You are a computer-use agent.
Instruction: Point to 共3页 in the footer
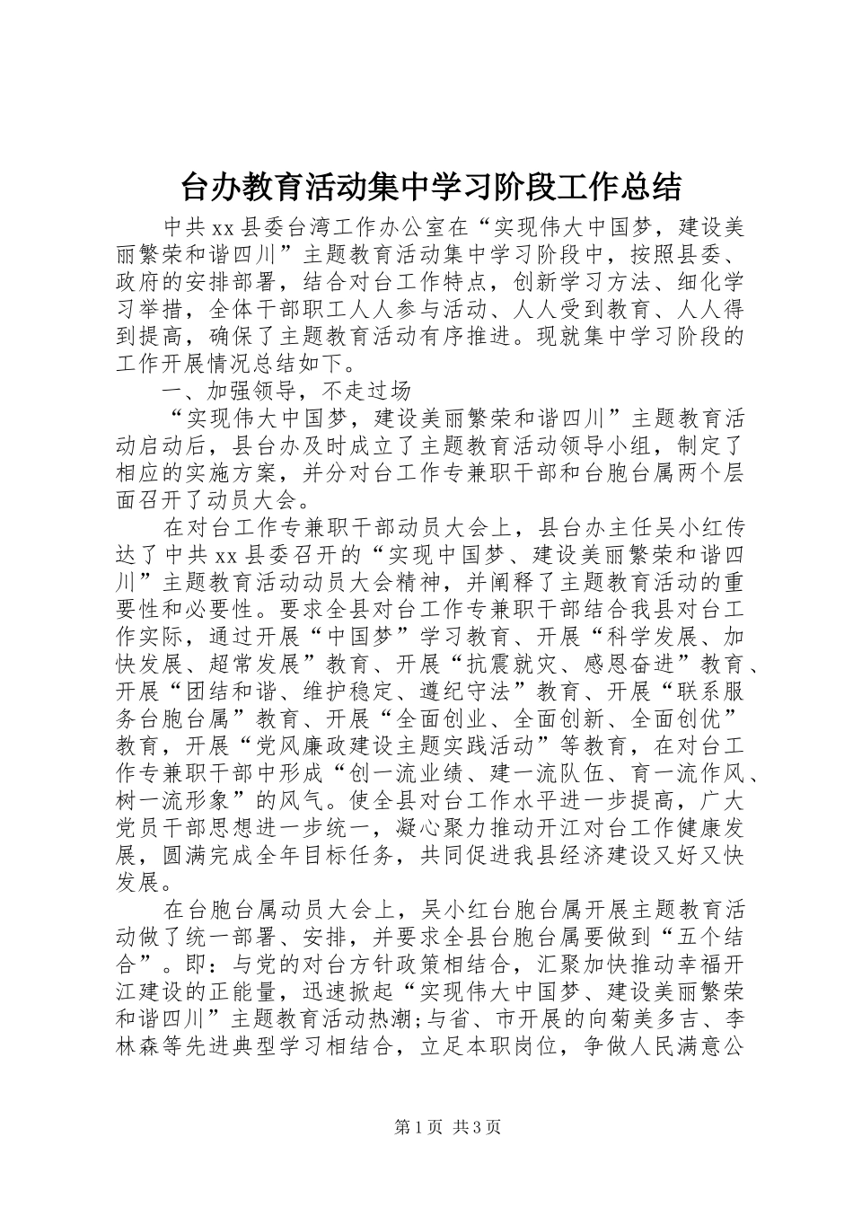[478, 1127]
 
